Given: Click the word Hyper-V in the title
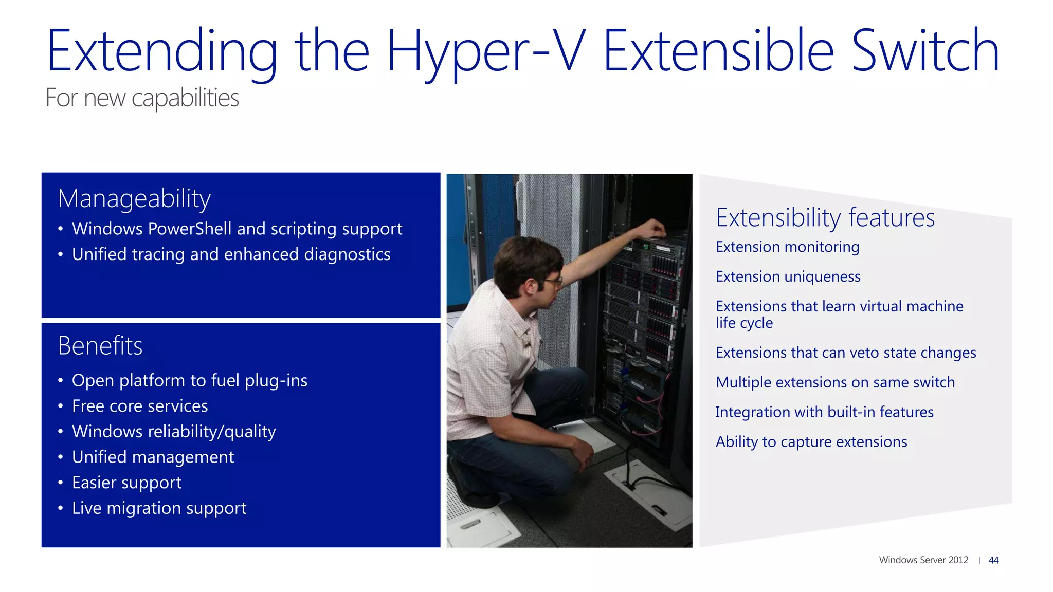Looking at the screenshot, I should [485, 51].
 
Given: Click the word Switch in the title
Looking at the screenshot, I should [925, 51].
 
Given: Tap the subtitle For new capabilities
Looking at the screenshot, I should [142, 98].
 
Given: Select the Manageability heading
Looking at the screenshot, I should [134, 198].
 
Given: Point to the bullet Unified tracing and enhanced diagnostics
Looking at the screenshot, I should [231, 254].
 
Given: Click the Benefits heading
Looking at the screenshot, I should [100, 345].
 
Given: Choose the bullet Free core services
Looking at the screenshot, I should [140, 406].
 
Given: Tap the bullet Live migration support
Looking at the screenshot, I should [159, 508].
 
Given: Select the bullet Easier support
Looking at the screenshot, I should [126, 483].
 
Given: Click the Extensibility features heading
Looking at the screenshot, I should [825, 217].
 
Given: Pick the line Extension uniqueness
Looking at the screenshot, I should [788, 276].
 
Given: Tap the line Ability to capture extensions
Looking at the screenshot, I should [811, 442].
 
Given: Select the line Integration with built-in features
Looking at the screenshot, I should [824, 412].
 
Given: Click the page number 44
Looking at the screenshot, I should [993, 560].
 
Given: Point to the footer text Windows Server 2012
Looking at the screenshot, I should [923, 560].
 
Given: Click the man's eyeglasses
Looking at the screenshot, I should [553, 281].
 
